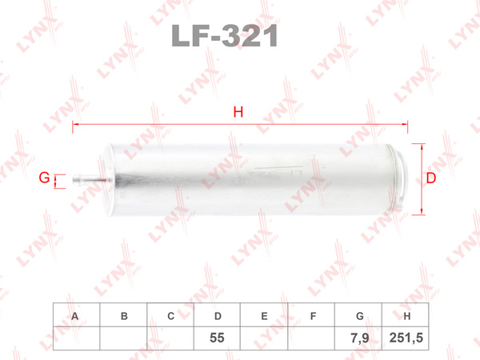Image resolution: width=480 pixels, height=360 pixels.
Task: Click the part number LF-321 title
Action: click(x=225, y=36)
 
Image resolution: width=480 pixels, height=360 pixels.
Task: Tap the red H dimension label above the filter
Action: click(x=238, y=112)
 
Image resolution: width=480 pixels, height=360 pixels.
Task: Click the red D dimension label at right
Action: click(x=431, y=178)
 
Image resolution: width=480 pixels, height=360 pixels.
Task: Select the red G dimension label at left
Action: click(x=44, y=178)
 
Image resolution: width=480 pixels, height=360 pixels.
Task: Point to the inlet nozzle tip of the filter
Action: click(x=74, y=178)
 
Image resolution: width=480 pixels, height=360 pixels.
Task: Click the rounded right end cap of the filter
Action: click(x=400, y=180)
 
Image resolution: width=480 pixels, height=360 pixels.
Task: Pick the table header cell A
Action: click(x=76, y=315)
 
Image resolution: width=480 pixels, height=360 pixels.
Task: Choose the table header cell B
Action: click(x=123, y=315)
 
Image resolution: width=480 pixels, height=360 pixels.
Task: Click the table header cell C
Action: click(x=170, y=315)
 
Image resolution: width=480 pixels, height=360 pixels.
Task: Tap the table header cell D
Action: click(x=217, y=315)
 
